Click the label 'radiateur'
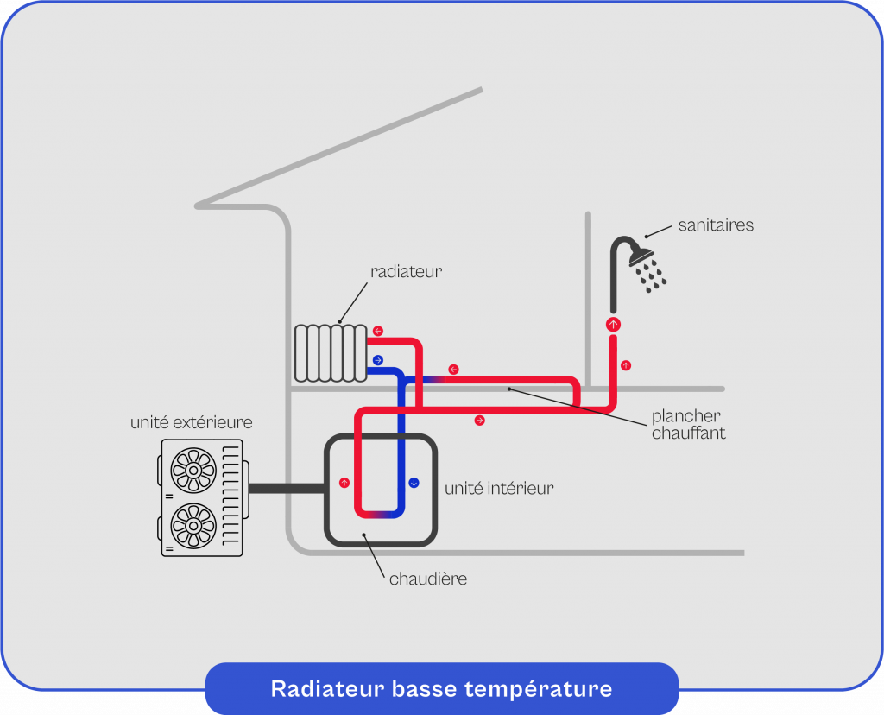click(x=406, y=271)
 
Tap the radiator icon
click(x=330, y=353)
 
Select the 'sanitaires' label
click(x=716, y=225)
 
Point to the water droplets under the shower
click(x=651, y=275)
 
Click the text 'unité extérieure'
click(x=191, y=422)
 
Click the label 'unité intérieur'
click(x=499, y=489)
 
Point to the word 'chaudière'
click(x=427, y=579)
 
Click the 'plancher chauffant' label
click(x=688, y=425)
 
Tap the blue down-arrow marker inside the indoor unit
click(x=414, y=482)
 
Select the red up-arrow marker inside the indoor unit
click(x=344, y=482)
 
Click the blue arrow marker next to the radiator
click(x=377, y=360)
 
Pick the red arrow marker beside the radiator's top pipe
click(x=377, y=331)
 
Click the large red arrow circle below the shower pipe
click(x=614, y=325)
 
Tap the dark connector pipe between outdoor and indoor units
click(x=285, y=488)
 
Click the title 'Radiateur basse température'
click(x=441, y=689)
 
